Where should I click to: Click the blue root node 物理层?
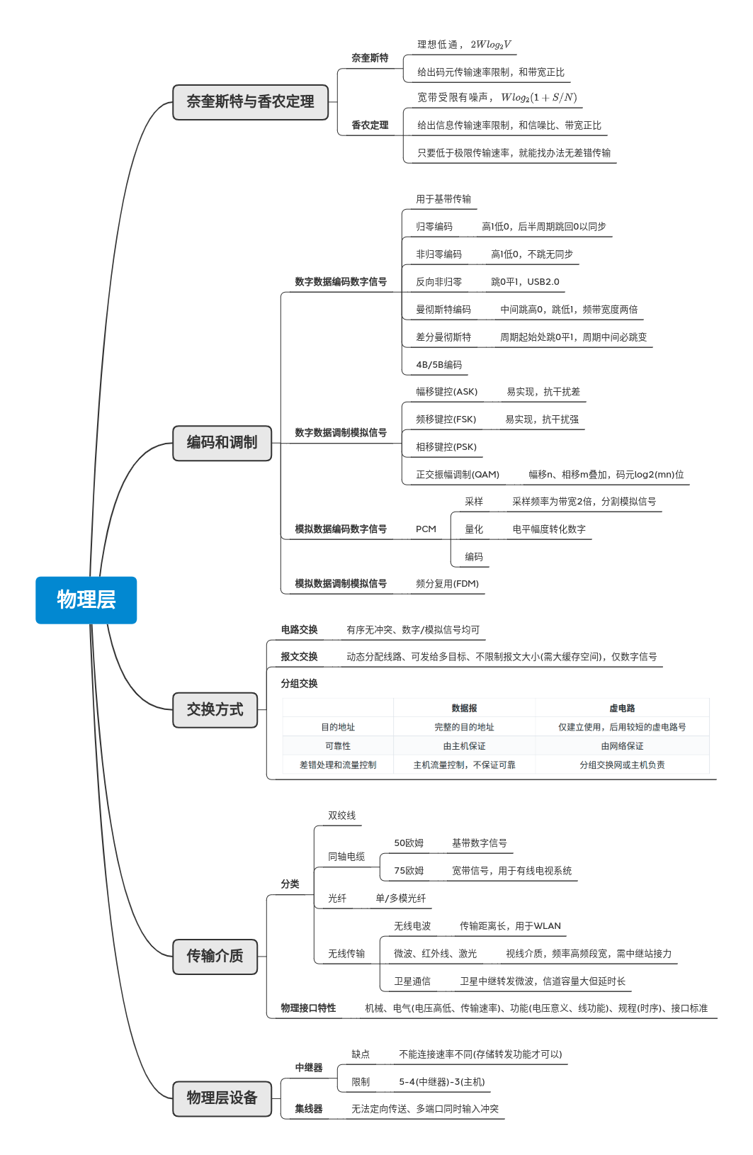pos(86,599)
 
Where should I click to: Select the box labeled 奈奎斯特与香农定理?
pos(250,102)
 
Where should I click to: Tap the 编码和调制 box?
pos(222,443)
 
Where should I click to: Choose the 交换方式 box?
pos(215,709)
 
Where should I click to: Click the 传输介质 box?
pos(215,956)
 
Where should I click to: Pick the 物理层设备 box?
pos(222,1098)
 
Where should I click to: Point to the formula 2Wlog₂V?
pos(490,45)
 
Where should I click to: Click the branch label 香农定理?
pos(370,125)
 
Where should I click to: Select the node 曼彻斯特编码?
pos(443,310)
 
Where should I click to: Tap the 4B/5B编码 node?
pos(438,365)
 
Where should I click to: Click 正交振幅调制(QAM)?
pos(457,475)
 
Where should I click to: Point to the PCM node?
pos(426,529)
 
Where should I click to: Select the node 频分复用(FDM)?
pos(447,584)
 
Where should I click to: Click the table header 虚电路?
pos(622,708)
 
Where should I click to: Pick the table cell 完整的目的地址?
pos(464,727)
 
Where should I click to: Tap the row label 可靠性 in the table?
pos(338,746)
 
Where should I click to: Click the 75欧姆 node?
pos(409,871)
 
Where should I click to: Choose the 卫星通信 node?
pos(412,981)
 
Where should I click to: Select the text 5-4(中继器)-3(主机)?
pos(442,1082)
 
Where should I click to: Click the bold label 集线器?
pos(309,1109)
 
